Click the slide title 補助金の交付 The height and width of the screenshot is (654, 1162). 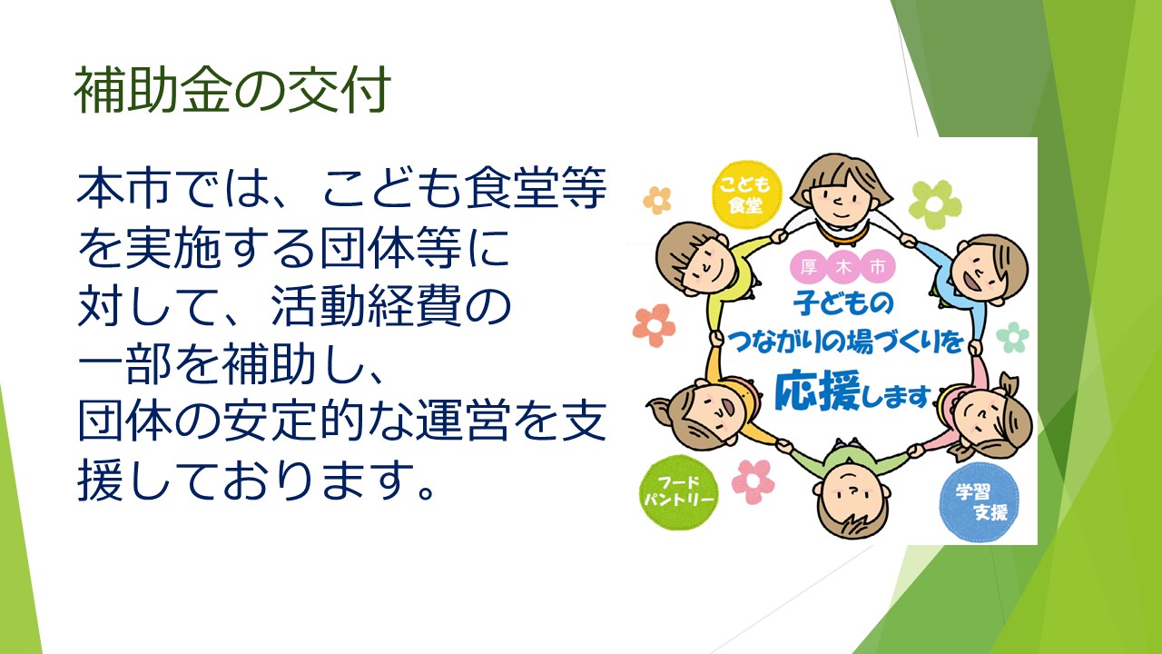[x=232, y=90]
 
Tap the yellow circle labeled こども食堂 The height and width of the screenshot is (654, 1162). [x=745, y=195]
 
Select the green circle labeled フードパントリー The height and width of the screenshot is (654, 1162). [x=678, y=492]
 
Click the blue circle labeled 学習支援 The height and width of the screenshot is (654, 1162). [x=980, y=502]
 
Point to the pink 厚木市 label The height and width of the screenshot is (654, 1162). [x=843, y=267]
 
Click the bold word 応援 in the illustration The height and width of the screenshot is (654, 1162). [x=818, y=391]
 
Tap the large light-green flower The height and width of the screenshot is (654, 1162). [x=935, y=204]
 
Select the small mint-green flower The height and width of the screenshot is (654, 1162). [x=1012, y=337]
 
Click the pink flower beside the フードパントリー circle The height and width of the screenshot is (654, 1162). [x=753, y=481]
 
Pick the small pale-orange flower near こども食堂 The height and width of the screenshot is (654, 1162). [x=656, y=201]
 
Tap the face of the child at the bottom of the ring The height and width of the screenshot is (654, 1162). [x=852, y=499]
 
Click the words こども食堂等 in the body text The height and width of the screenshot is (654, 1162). [x=465, y=187]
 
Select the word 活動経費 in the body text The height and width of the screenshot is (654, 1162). [x=365, y=305]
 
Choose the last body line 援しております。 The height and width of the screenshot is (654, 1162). [x=256, y=480]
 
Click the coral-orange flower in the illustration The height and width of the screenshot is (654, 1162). [x=654, y=325]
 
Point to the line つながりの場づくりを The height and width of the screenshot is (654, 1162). [x=845, y=342]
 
